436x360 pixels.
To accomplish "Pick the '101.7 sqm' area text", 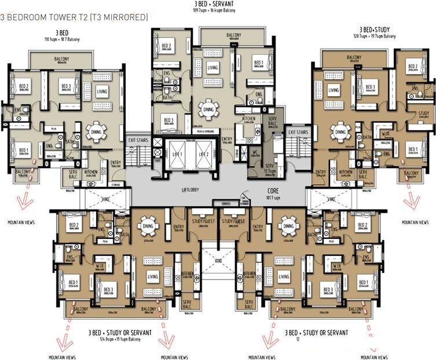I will coord(273,197).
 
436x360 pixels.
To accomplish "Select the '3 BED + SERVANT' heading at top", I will coord(218,4).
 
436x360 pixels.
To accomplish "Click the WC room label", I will coord(254,154).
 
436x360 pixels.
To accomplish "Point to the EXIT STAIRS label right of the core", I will coord(298,133).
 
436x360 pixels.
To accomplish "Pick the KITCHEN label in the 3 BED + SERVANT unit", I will coord(249,118).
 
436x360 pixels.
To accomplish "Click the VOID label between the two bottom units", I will coord(218,260).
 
